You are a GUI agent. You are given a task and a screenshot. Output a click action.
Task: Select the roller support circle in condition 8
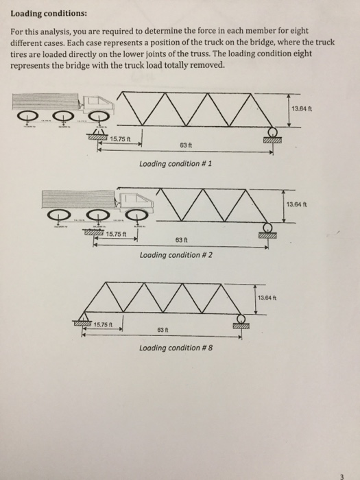pyautogui.click(x=241, y=319)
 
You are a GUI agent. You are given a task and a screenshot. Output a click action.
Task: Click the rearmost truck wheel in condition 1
pyautogui.click(x=29, y=117)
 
